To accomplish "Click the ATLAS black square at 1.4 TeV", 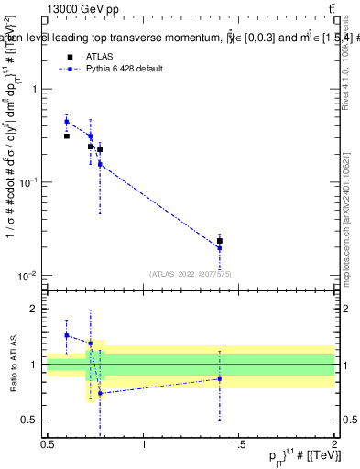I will pos(219,241).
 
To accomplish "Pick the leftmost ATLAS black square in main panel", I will pos(67,136).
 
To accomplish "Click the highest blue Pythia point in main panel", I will pos(67,121).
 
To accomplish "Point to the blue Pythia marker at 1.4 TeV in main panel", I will pos(219,248).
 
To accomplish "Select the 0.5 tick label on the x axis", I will pos(48,444).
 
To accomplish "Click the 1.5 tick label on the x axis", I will pos(239,444).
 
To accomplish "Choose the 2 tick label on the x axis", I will pos(334,444).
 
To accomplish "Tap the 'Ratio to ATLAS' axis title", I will pos(12,364).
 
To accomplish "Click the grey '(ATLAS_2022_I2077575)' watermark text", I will pos(191,273).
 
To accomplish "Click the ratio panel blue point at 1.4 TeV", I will pos(219,378).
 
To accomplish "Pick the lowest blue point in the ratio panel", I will pos(100,393).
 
